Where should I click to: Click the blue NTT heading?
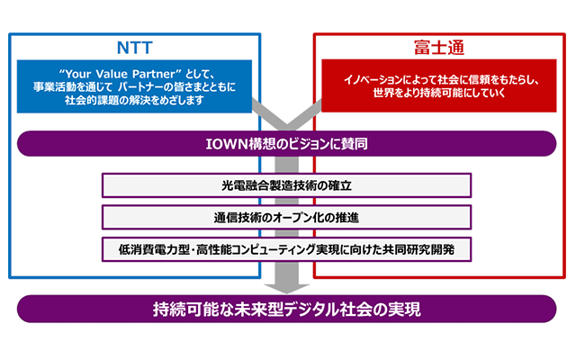(x=134, y=48)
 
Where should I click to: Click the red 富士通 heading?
(x=439, y=48)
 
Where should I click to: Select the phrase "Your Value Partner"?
(x=120, y=74)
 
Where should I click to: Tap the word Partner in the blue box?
(x=154, y=74)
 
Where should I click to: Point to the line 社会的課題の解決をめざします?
(x=134, y=100)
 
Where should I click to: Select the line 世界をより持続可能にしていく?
(x=439, y=93)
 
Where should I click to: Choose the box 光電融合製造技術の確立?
(x=286, y=185)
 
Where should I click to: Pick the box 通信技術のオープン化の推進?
(x=286, y=218)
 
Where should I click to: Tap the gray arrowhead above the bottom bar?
(x=286, y=288)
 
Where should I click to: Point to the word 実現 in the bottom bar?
(x=407, y=310)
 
